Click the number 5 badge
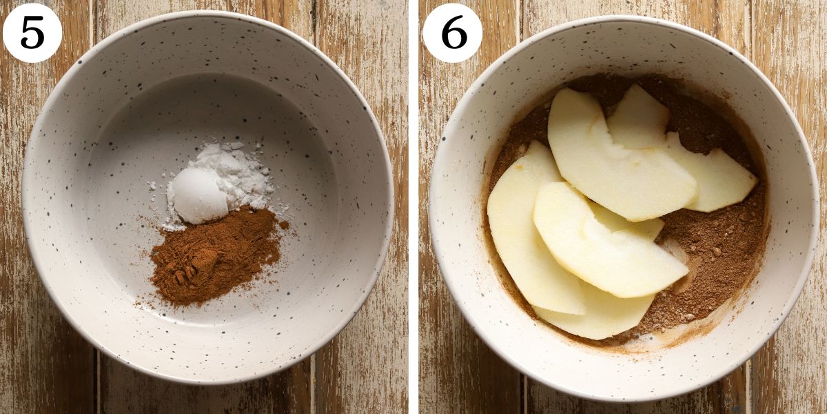[32, 32]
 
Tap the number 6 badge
[452, 32]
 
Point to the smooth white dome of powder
[199, 196]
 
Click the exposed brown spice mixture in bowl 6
[717, 255]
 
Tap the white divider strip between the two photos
[413, 207]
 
